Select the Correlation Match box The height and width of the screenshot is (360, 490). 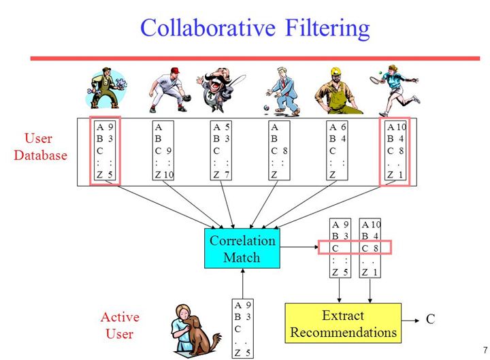[x=242, y=248]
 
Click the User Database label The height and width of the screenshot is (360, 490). [x=41, y=147]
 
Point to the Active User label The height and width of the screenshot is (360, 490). [x=120, y=325]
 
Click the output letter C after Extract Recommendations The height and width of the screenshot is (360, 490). [x=430, y=318]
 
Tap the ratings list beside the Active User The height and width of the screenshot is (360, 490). [x=243, y=328]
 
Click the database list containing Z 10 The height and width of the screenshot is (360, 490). [x=165, y=150]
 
